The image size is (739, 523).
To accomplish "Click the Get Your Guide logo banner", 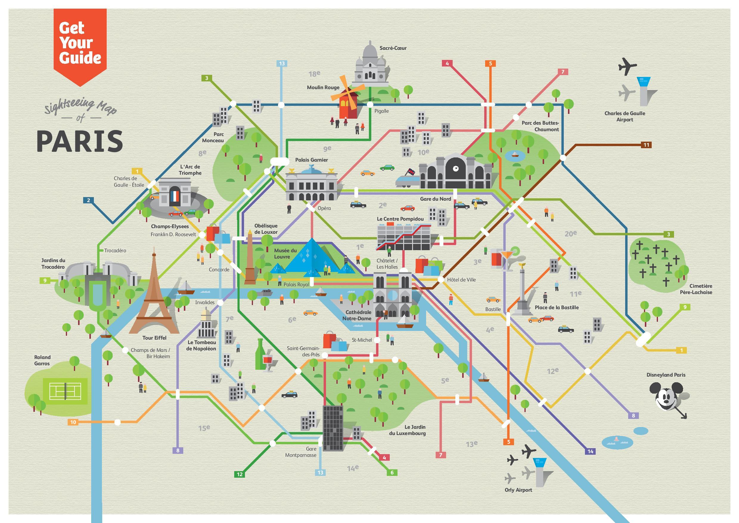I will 80,44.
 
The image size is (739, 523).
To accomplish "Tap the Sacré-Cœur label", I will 393,48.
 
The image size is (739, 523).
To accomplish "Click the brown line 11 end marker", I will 646,145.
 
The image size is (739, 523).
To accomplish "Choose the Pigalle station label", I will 381,111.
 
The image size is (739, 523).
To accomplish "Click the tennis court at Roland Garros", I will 66,391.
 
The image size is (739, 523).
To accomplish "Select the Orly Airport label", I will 518,490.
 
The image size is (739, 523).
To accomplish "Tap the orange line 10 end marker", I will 73,422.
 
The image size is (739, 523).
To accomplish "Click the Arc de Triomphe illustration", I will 175,193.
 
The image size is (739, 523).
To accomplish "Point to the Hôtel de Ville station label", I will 461,279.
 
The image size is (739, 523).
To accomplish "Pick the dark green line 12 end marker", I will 240,474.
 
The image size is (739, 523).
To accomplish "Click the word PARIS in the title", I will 80,141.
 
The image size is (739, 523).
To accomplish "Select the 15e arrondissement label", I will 204,428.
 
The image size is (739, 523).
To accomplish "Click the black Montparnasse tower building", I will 333,428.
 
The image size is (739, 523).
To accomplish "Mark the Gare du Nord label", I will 435,199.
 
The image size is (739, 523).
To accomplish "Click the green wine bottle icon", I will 260,354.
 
